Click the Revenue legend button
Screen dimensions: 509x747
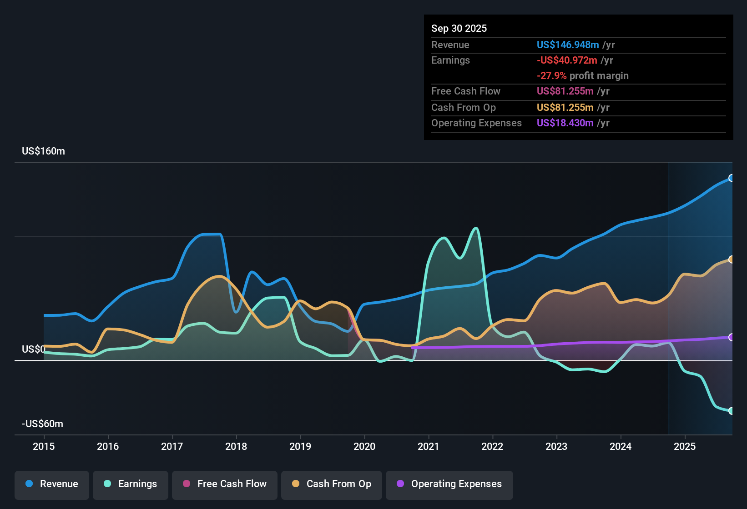52,484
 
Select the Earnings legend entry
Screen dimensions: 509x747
131,484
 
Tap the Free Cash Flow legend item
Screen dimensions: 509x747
225,484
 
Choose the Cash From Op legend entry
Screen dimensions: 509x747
332,484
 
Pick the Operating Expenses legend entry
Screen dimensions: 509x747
449,484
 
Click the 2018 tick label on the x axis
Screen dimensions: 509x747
236,447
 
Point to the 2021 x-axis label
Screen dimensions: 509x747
428,447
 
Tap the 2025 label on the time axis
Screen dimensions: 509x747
684,447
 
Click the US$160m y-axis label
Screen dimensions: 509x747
43,151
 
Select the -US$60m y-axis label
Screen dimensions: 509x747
42,424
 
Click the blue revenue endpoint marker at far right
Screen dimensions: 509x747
731,178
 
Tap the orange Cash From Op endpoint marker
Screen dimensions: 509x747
731,259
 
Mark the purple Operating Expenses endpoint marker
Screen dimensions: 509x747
731,337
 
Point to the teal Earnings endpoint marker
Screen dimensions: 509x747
731,411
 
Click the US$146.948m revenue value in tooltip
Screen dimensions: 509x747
567,45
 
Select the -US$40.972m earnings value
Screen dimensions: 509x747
567,60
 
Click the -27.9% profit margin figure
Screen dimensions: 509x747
551,76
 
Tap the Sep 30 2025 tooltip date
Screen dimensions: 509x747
459,29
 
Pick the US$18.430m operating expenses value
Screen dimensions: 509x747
565,123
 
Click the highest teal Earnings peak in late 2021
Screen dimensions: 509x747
476,228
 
